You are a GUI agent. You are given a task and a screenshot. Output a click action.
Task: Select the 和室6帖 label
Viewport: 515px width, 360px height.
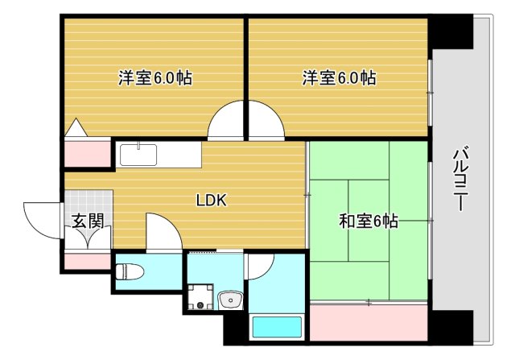tap(368, 219)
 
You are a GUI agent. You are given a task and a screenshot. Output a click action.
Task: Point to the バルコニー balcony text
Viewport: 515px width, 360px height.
tap(461, 179)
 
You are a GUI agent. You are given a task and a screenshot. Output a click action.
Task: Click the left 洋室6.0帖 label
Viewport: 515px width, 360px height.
tap(154, 79)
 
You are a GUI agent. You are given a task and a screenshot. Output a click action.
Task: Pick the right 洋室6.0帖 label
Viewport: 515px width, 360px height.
tap(339, 79)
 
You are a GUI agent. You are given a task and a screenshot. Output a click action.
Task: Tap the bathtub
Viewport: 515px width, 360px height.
tap(277, 327)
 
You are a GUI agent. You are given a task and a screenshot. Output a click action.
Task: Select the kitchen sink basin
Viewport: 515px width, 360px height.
tap(141, 153)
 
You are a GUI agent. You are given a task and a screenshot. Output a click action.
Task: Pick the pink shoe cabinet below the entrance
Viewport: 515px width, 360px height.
tap(87, 261)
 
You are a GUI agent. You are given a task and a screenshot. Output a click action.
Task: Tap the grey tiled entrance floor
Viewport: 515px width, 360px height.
tap(87, 201)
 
